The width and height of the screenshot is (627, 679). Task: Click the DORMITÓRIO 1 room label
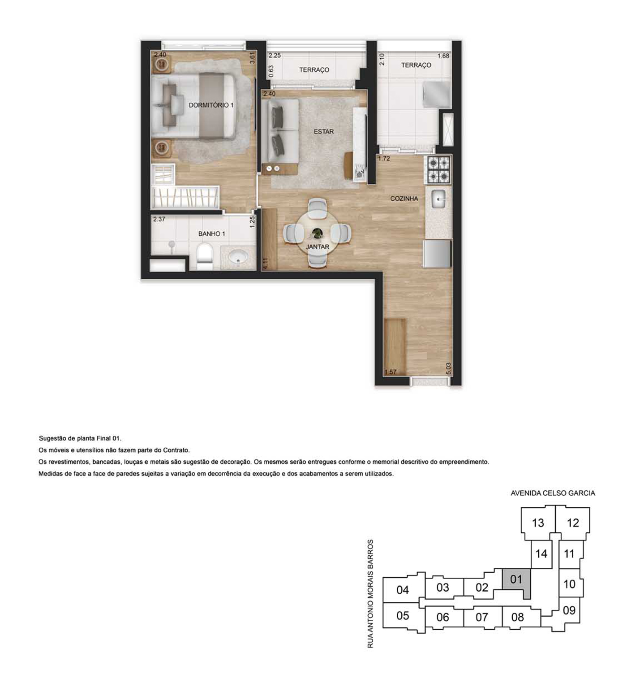(x=211, y=105)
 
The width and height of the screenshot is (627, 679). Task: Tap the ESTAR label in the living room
(x=324, y=131)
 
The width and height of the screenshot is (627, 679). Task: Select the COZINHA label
(x=404, y=198)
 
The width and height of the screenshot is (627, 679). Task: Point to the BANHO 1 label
(x=211, y=234)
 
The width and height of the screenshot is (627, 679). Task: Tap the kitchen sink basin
(x=438, y=199)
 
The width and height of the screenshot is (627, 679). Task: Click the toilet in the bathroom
(x=205, y=257)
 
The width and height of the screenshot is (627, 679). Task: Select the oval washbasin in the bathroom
(x=239, y=256)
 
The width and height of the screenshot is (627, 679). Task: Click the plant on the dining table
(x=318, y=234)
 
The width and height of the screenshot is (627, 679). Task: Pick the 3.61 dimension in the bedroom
(x=252, y=57)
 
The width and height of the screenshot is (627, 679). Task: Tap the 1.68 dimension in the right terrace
(x=443, y=56)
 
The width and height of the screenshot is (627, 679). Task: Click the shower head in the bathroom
(x=172, y=244)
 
